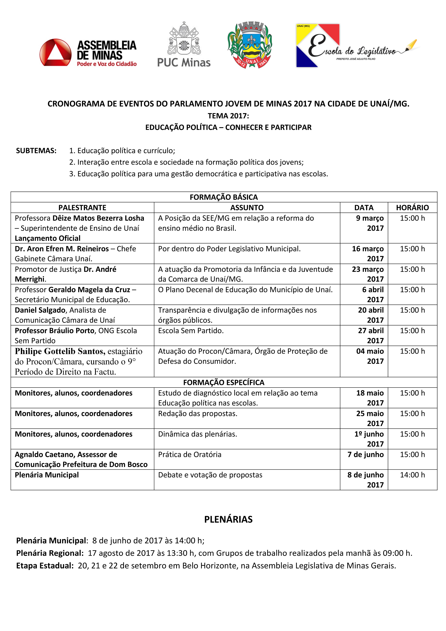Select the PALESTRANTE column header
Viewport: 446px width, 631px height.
click(x=82, y=207)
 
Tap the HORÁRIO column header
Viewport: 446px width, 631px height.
click(x=412, y=207)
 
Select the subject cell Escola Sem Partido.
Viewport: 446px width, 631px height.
click(x=191, y=331)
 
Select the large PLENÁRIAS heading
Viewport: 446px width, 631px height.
click(x=228, y=519)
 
